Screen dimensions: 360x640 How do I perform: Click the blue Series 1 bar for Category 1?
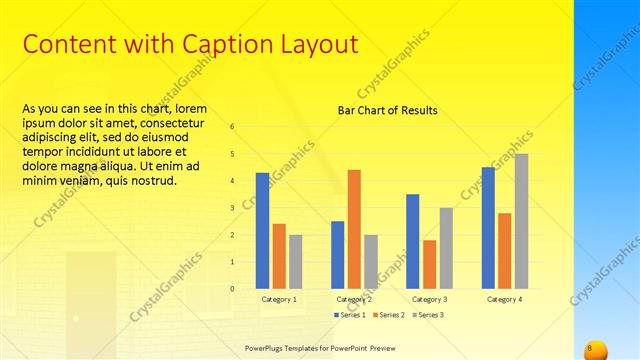(x=262, y=231)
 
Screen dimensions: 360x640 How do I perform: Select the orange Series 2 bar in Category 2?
(x=354, y=229)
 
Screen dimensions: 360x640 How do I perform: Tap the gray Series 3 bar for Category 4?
(x=522, y=221)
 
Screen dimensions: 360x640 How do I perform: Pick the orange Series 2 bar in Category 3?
(x=429, y=264)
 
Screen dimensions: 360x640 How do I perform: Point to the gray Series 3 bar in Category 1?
(x=295, y=262)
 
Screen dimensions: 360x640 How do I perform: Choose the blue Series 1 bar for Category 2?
(x=338, y=255)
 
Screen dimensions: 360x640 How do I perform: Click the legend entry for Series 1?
(x=347, y=315)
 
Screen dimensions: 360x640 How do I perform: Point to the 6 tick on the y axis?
(x=232, y=127)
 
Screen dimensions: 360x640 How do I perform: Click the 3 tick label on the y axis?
(x=232, y=208)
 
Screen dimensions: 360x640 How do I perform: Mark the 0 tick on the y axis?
(x=232, y=289)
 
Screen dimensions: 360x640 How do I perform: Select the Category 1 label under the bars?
(x=279, y=299)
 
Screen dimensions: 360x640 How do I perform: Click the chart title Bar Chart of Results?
(x=388, y=110)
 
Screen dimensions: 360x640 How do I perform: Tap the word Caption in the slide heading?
(x=219, y=44)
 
